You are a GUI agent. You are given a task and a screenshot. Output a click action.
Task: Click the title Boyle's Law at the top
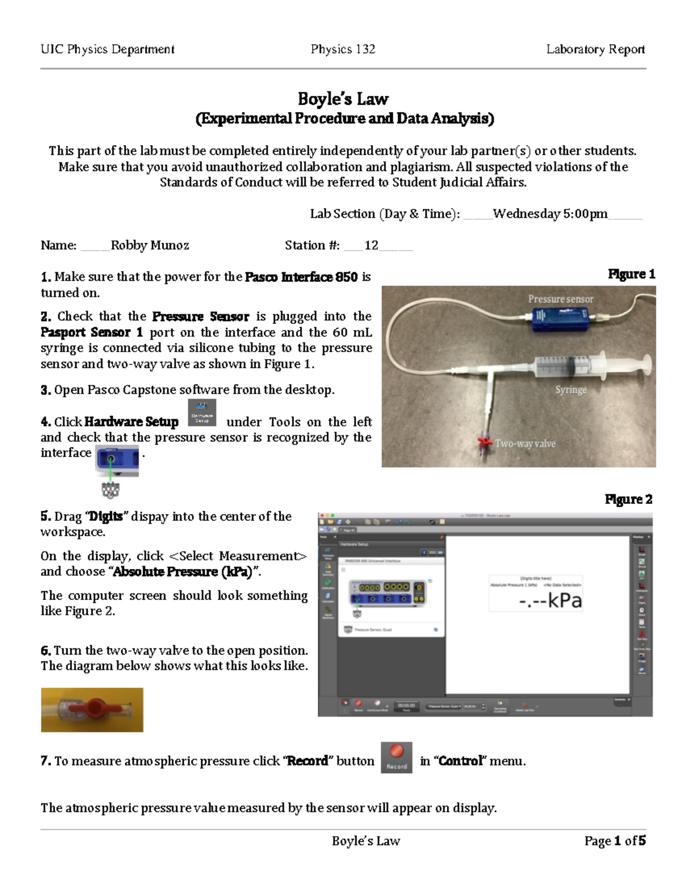click(343, 99)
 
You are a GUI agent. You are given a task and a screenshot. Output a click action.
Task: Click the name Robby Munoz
click(150, 245)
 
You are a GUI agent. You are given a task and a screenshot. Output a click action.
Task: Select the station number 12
click(371, 245)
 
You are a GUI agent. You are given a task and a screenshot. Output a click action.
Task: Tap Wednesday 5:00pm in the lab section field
click(550, 214)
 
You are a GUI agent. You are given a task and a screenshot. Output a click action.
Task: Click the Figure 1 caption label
click(631, 274)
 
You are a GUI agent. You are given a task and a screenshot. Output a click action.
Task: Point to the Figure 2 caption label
click(628, 499)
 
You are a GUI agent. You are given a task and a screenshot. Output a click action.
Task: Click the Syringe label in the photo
click(571, 390)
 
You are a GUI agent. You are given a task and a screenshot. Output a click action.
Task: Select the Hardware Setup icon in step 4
click(202, 413)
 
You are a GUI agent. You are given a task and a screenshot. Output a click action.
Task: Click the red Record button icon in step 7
click(396, 758)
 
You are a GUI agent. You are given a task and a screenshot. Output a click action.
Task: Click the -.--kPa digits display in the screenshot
click(550, 601)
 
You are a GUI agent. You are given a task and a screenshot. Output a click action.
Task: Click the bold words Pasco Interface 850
click(301, 277)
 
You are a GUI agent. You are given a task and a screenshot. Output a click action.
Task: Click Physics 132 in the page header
click(343, 49)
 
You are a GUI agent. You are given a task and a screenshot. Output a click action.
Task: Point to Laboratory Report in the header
click(595, 49)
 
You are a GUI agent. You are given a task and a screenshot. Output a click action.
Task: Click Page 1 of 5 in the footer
click(615, 841)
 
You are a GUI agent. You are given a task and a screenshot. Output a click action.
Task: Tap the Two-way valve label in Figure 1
click(525, 444)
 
